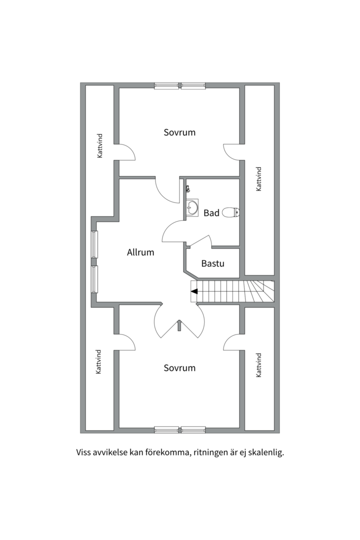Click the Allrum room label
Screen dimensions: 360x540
(x=140, y=252)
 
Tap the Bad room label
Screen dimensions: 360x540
(x=211, y=213)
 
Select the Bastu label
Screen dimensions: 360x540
(x=212, y=263)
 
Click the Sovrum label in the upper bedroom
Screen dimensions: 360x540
(x=179, y=132)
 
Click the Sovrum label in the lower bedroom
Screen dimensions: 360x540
(x=179, y=368)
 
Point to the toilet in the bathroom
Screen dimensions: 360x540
(x=231, y=212)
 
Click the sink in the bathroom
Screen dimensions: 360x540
(x=192, y=207)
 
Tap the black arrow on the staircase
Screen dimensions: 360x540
(x=194, y=291)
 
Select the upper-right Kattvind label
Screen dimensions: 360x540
(x=258, y=178)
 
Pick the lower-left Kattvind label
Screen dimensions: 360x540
(x=98, y=361)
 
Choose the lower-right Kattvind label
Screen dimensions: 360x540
(x=258, y=365)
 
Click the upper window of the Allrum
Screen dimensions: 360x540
(x=94, y=244)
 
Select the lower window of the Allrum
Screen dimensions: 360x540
(x=94, y=279)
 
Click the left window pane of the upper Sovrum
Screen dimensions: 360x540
(x=166, y=86)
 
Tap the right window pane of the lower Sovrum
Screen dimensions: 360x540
(x=193, y=429)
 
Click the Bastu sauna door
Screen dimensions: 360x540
(x=200, y=241)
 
